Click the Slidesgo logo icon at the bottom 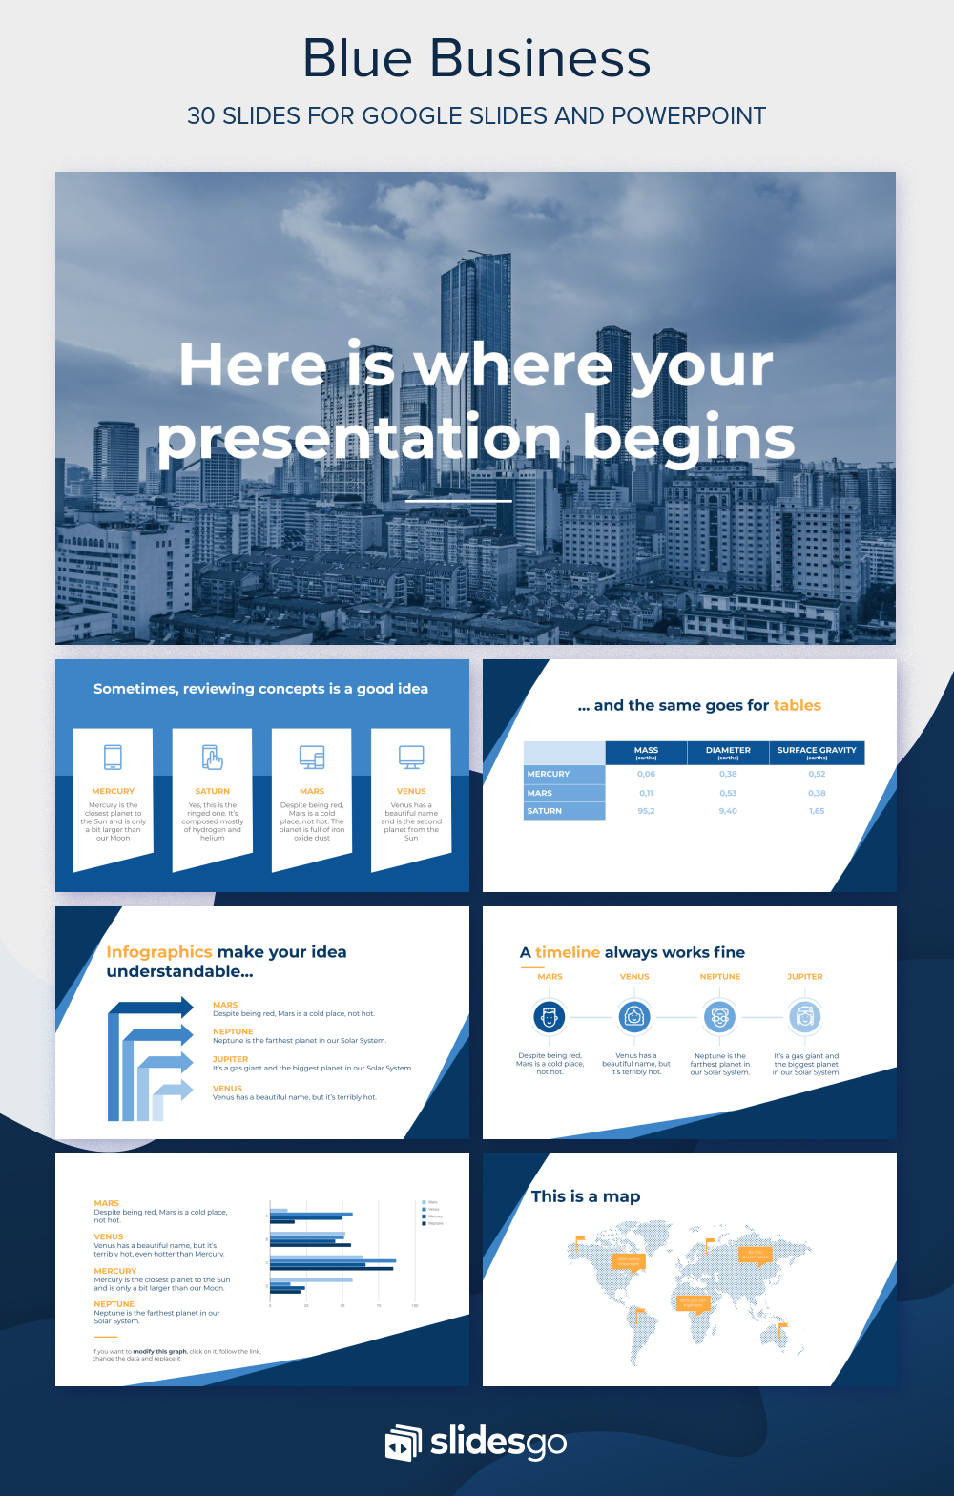pyautogui.click(x=402, y=1443)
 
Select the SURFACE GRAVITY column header pyautogui.click(x=817, y=752)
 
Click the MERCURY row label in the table pyautogui.click(x=549, y=774)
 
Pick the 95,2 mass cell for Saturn pyautogui.click(x=646, y=811)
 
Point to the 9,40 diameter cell pyautogui.click(x=728, y=811)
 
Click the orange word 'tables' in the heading pyautogui.click(x=797, y=706)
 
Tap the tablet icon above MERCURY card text pyautogui.click(x=113, y=758)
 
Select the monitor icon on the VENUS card pyautogui.click(x=411, y=758)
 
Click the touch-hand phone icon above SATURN pyautogui.click(x=212, y=758)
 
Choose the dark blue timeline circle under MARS pyautogui.click(x=550, y=1017)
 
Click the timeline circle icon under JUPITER pyautogui.click(x=804, y=1017)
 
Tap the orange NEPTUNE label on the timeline pyautogui.click(x=720, y=977)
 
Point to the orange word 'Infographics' pyautogui.click(x=159, y=952)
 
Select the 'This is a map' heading pyautogui.click(x=586, y=1196)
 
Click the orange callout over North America pyautogui.click(x=629, y=1261)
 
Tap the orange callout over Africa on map pyautogui.click(x=693, y=1301)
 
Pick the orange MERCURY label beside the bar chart pyautogui.click(x=115, y=1271)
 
